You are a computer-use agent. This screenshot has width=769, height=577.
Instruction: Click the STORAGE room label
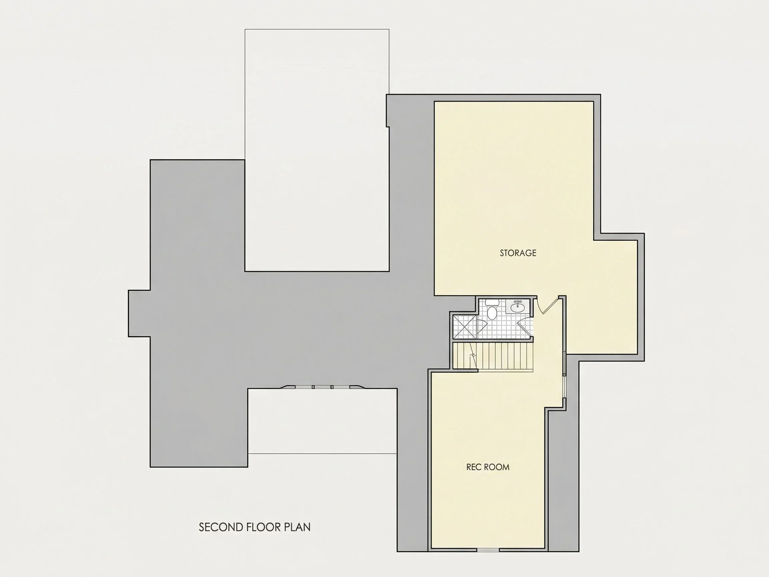(x=518, y=253)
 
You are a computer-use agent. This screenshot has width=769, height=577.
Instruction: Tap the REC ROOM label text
(x=488, y=467)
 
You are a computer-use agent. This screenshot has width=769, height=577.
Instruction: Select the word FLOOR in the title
(x=264, y=527)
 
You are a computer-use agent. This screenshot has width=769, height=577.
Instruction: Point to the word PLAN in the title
(x=297, y=527)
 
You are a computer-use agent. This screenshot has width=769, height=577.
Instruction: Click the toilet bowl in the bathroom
(x=492, y=313)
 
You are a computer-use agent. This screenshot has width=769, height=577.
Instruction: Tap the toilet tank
(x=492, y=302)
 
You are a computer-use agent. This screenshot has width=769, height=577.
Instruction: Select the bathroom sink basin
(x=518, y=307)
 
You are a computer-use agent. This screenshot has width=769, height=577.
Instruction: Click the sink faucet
(x=518, y=302)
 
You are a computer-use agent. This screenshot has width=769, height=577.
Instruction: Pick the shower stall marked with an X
(x=465, y=327)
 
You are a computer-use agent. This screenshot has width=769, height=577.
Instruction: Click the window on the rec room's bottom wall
(x=488, y=550)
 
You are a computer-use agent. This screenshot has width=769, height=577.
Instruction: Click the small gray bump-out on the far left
(x=140, y=313)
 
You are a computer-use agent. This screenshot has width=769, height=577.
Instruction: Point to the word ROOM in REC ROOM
(x=498, y=467)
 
